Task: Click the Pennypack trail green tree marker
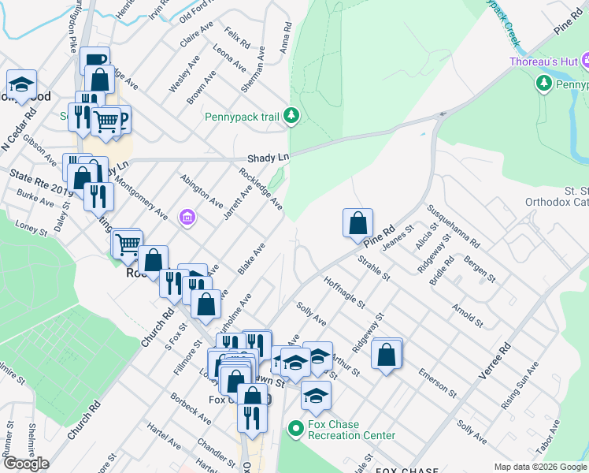tap(292, 117)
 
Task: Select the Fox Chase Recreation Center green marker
tap(296, 430)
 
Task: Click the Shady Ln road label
tap(269, 158)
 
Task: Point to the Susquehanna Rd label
tap(453, 225)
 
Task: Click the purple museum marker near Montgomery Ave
tap(187, 216)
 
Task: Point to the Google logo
tap(26, 464)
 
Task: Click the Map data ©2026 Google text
tap(540, 467)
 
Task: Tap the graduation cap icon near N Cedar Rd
tap(22, 85)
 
